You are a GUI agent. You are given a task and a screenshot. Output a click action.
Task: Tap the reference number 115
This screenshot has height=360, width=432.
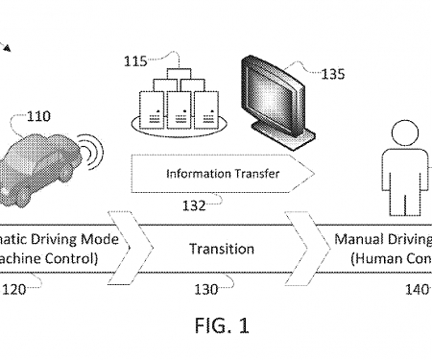coord(135,62)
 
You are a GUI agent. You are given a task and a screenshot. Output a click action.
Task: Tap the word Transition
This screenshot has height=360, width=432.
coord(221,249)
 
